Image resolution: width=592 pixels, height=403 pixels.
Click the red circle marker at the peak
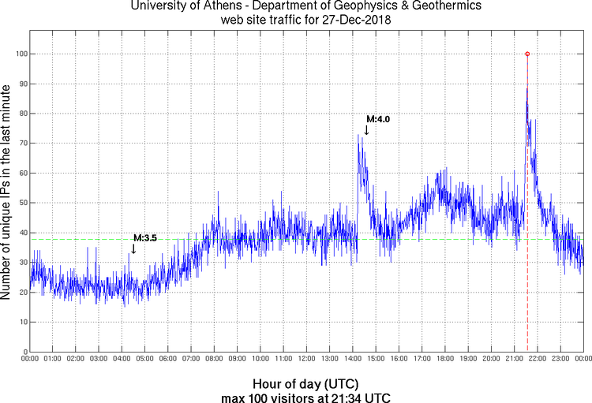[527, 54]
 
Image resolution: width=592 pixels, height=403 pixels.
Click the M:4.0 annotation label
[378, 119]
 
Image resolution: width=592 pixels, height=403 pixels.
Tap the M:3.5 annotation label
[145, 237]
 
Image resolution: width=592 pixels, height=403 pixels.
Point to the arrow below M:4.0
[366, 130]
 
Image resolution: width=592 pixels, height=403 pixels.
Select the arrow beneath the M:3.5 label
[133, 248]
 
